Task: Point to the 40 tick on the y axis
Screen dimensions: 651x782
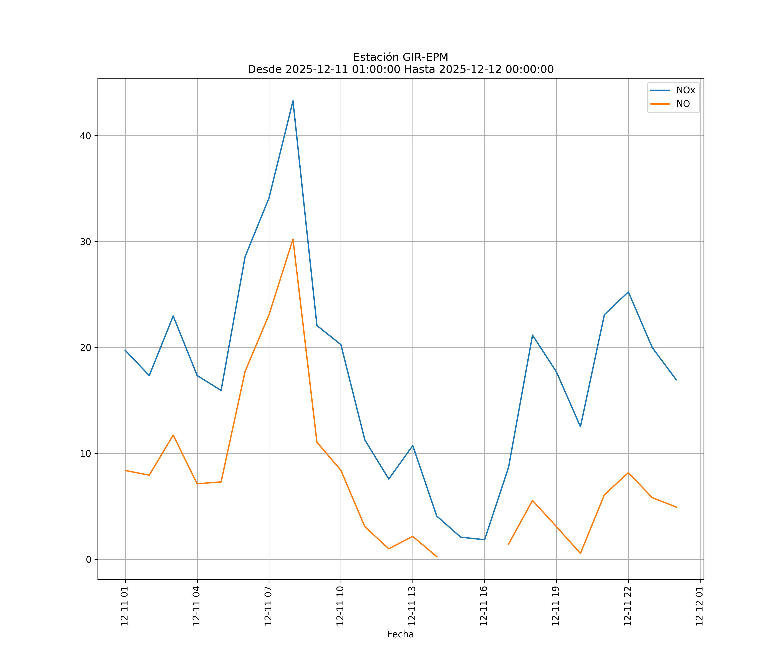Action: coord(86,136)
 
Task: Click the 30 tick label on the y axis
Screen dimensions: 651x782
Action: coord(86,242)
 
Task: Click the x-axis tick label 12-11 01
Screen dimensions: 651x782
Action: coord(124,606)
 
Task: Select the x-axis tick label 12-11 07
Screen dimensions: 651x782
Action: coord(268,606)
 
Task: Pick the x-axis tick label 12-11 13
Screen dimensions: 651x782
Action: coord(412,606)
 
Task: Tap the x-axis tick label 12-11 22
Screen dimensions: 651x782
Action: coord(628,606)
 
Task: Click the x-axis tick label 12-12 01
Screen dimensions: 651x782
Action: coord(699,606)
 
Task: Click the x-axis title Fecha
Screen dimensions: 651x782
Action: coord(400,634)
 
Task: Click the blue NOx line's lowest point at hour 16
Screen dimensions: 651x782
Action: coord(484,540)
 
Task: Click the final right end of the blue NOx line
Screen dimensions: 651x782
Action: coord(676,380)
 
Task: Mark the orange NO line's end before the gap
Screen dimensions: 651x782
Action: coord(437,557)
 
